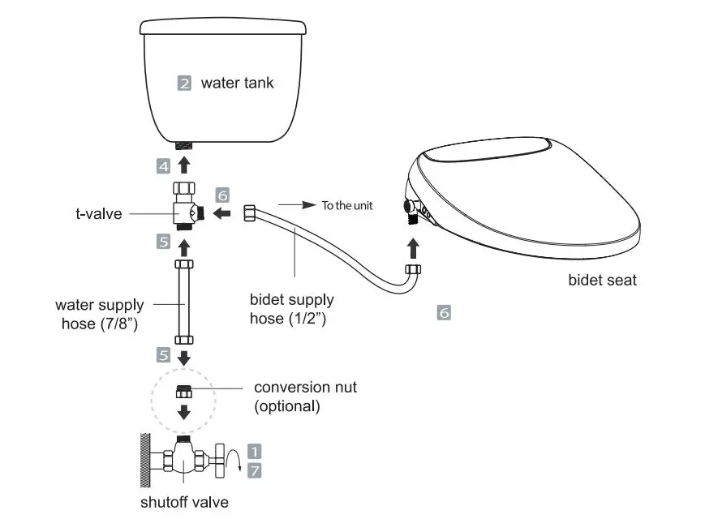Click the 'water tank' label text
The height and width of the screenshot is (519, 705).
pyautogui.click(x=238, y=82)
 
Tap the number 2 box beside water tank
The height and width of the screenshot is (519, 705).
pyautogui.click(x=184, y=83)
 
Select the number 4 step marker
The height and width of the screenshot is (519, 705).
pyautogui.click(x=164, y=166)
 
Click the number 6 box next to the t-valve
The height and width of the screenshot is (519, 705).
pyautogui.click(x=223, y=195)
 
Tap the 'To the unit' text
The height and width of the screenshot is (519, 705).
pyautogui.click(x=346, y=205)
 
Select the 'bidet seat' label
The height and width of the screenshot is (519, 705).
pyautogui.click(x=602, y=281)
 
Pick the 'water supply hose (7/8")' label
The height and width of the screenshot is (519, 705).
pyautogui.click(x=100, y=314)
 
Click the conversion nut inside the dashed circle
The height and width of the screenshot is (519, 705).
pyautogui.click(x=184, y=392)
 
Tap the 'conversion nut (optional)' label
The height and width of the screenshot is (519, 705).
pyautogui.click(x=305, y=396)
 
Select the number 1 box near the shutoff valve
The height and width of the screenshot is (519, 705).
pyautogui.click(x=254, y=451)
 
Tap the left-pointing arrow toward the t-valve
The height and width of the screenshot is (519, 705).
pyautogui.click(x=217, y=212)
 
